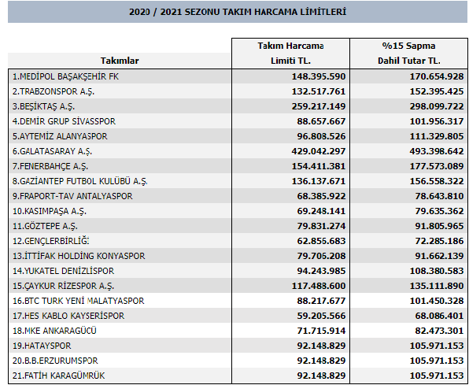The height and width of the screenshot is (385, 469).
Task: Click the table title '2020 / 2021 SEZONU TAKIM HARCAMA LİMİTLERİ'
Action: coord(238,12)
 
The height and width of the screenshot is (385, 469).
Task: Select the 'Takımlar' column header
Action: coord(120,61)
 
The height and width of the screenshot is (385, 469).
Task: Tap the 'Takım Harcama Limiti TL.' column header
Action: coord(290,54)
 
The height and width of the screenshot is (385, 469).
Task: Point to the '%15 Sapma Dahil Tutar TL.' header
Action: coord(409,54)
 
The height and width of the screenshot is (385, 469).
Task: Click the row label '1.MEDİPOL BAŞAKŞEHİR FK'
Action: coord(65,76)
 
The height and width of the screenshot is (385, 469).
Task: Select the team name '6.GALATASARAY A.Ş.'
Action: coord(53,151)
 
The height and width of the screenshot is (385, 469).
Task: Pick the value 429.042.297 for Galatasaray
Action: coord(319,151)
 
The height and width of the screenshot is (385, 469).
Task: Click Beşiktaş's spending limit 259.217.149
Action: coord(319,106)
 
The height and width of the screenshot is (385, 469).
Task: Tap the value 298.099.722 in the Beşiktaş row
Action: coord(437,106)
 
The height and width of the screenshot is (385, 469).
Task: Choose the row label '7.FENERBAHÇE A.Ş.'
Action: coord(50,166)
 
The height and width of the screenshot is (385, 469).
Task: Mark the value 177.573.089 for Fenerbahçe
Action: coord(437,166)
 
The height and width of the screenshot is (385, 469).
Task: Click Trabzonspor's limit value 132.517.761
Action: coord(319,91)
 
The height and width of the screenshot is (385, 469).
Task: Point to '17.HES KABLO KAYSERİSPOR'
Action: coord(68,316)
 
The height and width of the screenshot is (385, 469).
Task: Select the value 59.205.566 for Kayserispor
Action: coord(321,316)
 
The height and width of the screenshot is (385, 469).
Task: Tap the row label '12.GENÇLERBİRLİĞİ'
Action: coord(51,241)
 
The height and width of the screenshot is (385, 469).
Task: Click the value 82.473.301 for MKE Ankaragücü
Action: coord(439,331)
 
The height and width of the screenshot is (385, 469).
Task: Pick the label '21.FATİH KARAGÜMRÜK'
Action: coord(58,376)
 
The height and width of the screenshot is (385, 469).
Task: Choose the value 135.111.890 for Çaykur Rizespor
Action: coord(437,286)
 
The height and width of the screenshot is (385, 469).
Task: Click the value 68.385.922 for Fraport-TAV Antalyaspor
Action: coord(321,196)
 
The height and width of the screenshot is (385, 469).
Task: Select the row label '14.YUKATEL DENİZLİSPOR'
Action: coord(63,271)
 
